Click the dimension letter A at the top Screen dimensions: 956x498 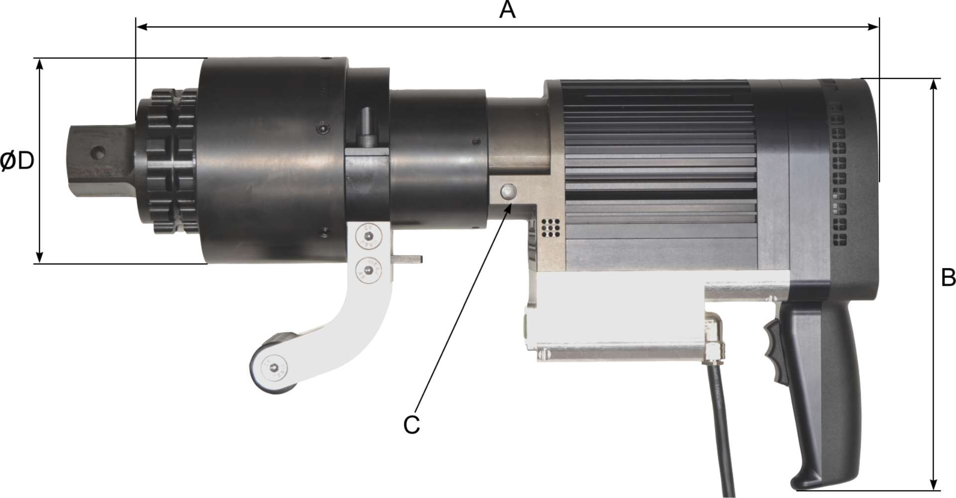pyautogui.click(x=507, y=10)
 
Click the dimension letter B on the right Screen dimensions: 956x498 pyautogui.click(x=948, y=278)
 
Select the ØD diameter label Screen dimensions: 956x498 pyautogui.click(x=17, y=162)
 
